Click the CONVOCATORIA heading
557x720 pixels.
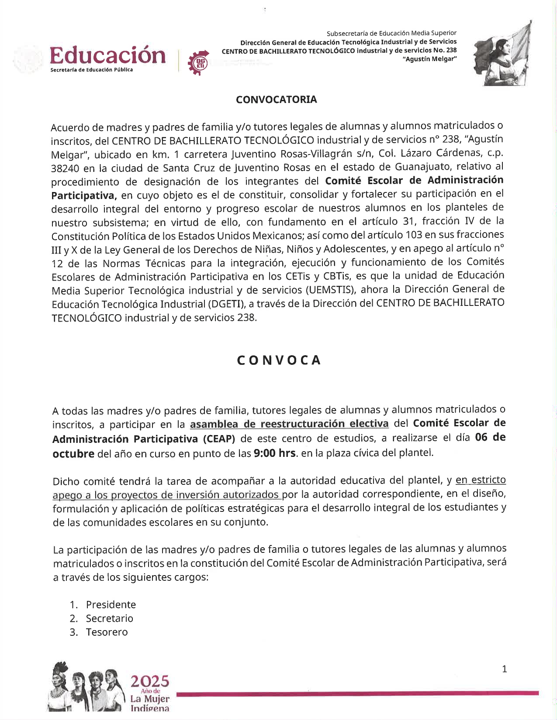(276, 99)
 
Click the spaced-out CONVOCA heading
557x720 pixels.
(279, 360)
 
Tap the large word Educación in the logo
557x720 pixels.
(108, 55)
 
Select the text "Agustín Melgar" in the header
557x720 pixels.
(432, 59)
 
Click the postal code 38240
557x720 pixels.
(65, 168)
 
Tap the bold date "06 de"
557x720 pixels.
(490, 437)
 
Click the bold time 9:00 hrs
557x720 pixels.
(274, 453)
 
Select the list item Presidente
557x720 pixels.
(111, 604)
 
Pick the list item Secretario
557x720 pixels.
(109, 618)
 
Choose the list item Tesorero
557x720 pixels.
(107, 632)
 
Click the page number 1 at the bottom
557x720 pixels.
(505, 669)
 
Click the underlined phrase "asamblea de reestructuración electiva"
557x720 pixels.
(289, 424)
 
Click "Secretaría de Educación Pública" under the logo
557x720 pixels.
(92, 70)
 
